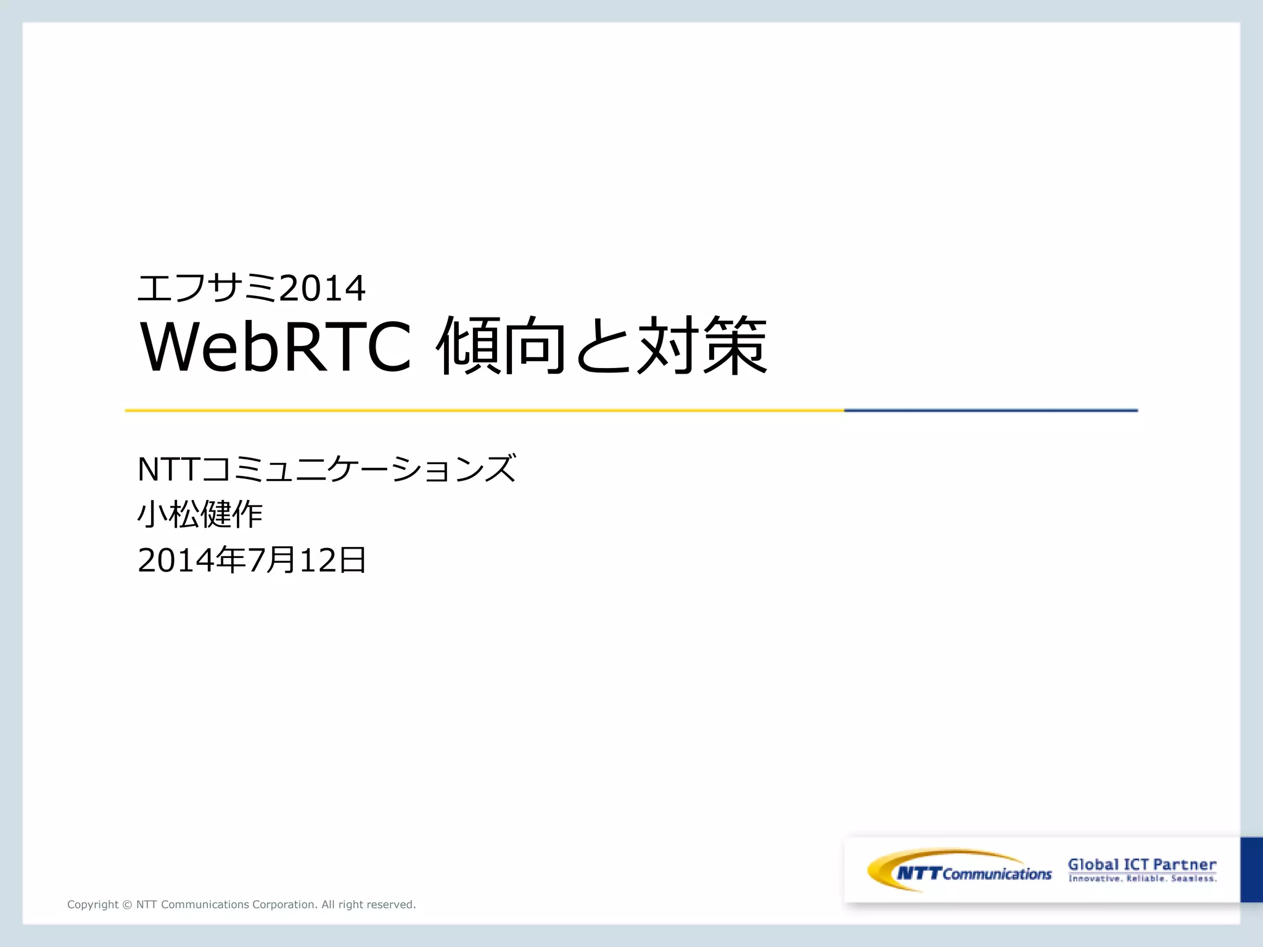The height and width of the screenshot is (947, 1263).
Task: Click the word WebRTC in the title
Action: click(x=276, y=346)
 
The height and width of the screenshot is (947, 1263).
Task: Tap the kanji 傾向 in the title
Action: click(x=501, y=346)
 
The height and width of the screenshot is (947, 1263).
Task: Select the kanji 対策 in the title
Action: click(x=703, y=346)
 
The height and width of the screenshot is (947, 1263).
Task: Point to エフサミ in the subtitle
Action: click(x=207, y=288)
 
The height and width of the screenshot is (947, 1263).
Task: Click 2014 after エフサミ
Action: click(x=322, y=289)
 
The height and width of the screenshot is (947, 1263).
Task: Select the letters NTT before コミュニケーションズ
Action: click(x=168, y=469)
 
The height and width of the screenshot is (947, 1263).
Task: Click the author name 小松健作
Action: click(x=200, y=514)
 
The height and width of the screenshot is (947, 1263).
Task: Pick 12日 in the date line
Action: click(x=333, y=560)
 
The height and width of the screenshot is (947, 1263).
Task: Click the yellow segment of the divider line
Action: click(x=484, y=410)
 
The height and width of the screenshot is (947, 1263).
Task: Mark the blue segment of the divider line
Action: click(x=990, y=410)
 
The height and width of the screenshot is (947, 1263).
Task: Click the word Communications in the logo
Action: click(x=997, y=874)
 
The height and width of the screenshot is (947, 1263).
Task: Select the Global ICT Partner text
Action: click(x=1142, y=864)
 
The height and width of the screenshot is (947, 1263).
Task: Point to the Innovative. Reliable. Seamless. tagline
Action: click(x=1142, y=879)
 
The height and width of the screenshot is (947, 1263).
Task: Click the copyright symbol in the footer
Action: click(x=127, y=904)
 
